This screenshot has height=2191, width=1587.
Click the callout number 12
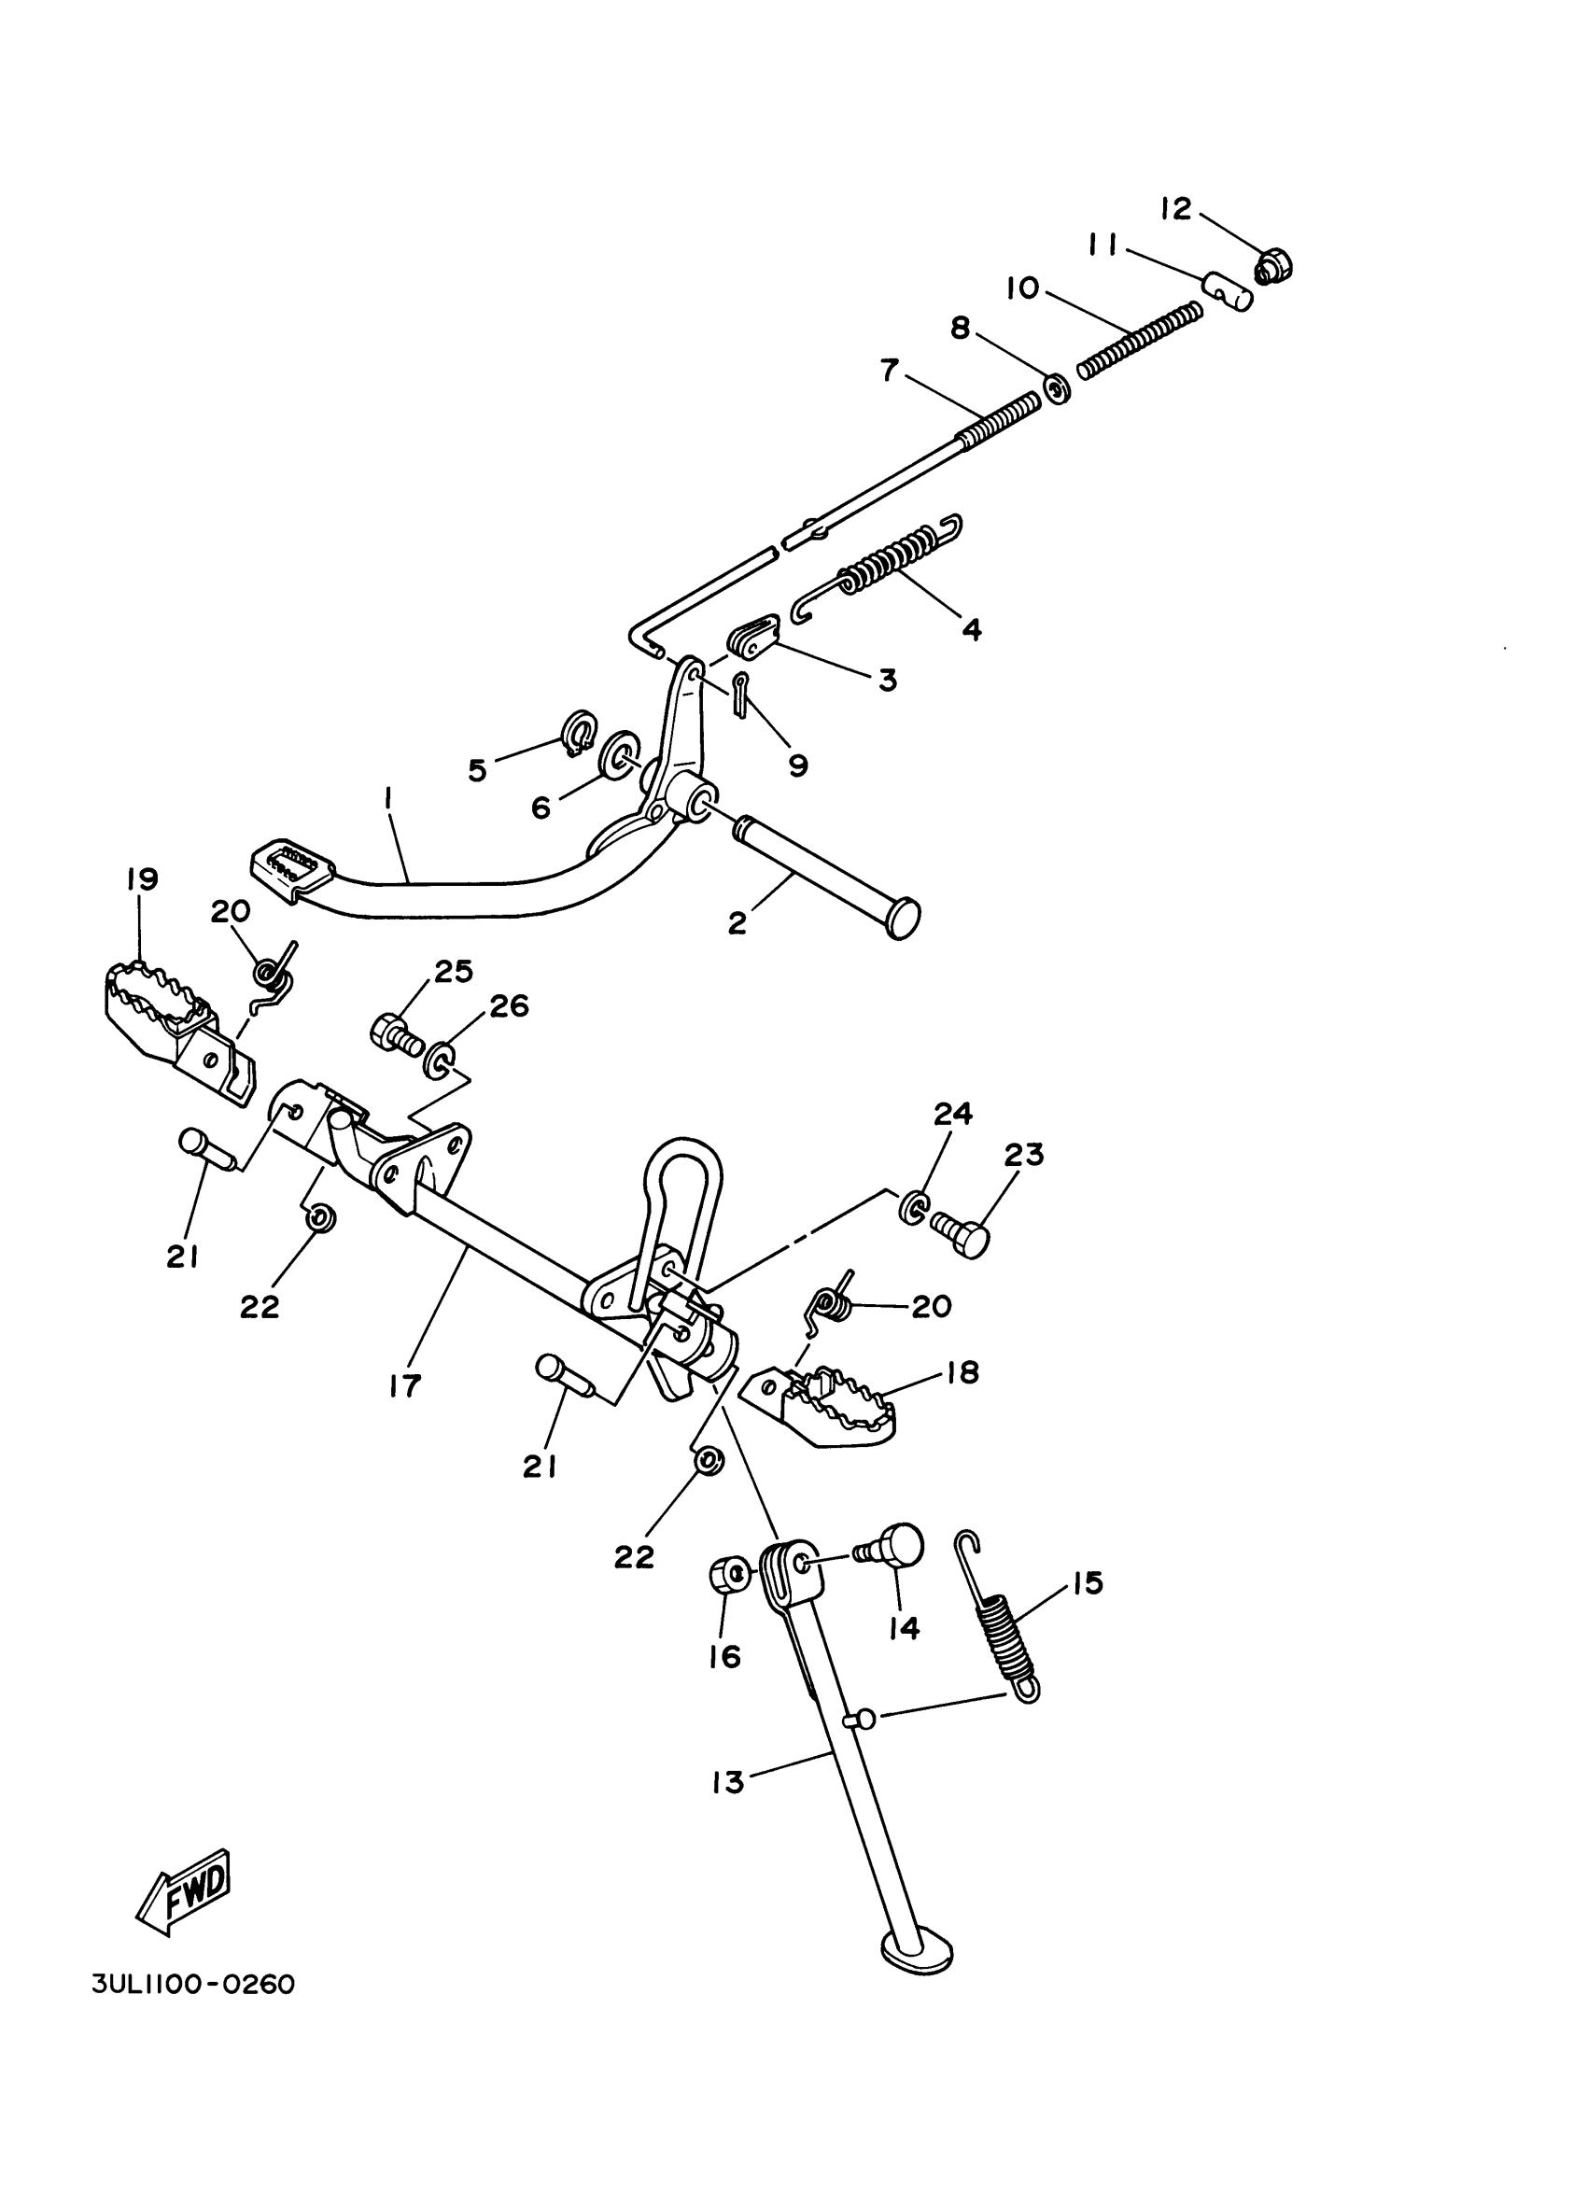coord(1176,209)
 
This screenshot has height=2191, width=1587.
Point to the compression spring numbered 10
coord(1140,340)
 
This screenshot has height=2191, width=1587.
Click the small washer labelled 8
coord(1058,390)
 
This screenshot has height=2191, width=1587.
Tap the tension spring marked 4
coord(889,563)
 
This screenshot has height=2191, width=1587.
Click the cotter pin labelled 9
coord(741,695)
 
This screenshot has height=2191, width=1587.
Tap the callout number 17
coord(406,1386)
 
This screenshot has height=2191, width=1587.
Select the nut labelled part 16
coord(726,1577)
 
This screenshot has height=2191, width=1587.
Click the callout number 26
coord(510,1006)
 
